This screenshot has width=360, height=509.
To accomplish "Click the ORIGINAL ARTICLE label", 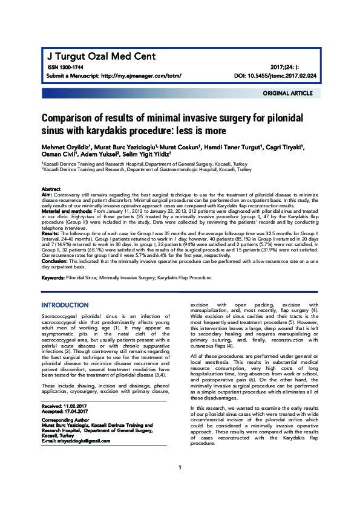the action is (x=287, y=94).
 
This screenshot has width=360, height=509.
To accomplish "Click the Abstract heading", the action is (x=51, y=189).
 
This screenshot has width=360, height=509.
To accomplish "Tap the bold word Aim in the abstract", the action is (x=46, y=195).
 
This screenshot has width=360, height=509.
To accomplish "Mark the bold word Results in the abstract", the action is (x=50, y=233).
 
